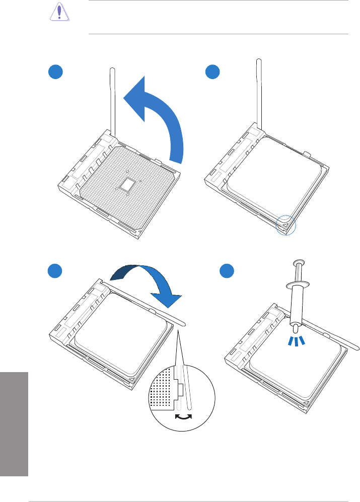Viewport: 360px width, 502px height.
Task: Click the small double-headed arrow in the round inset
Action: tap(183, 416)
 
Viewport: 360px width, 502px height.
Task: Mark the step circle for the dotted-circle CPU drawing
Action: tap(212, 73)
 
